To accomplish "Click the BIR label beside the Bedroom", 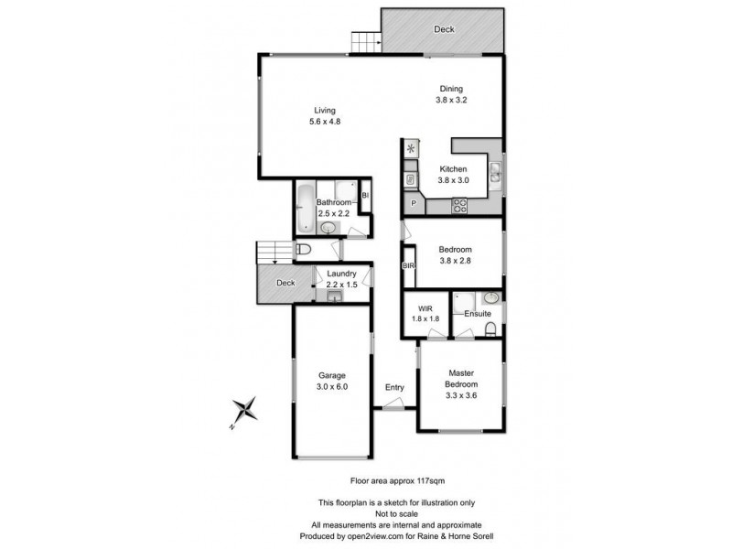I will pyautogui.click(x=409, y=265).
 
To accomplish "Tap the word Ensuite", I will pyautogui.click(x=477, y=315).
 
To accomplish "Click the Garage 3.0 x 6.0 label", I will pyautogui.click(x=332, y=381).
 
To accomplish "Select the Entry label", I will pyautogui.click(x=393, y=388).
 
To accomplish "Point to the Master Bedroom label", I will pyautogui.click(x=462, y=378).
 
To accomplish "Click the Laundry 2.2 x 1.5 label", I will pyautogui.click(x=340, y=279).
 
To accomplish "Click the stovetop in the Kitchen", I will pyautogui.click(x=459, y=207).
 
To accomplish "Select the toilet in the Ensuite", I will pyautogui.click(x=491, y=328).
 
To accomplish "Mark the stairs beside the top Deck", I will pyautogui.click(x=365, y=41).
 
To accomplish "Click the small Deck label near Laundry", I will pyautogui.click(x=286, y=283).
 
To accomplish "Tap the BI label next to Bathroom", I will pyautogui.click(x=364, y=195).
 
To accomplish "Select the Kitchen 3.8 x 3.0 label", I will pyautogui.click(x=453, y=175).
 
